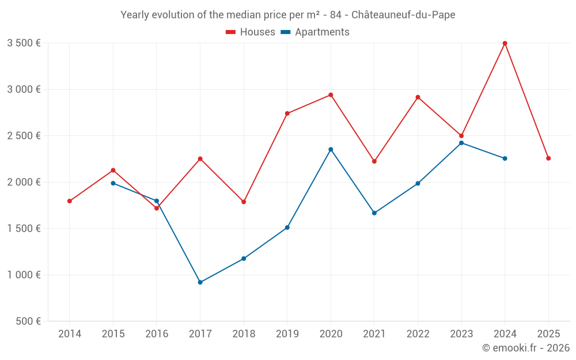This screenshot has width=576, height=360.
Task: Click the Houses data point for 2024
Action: tap(505, 43)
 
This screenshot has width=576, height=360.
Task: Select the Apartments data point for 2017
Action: tap(200, 282)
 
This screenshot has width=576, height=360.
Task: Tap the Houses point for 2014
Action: tap(69, 201)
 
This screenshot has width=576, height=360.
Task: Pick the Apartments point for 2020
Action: tap(331, 149)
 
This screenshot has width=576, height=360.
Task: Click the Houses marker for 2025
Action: tap(548, 158)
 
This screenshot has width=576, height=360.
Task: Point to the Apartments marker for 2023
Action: tap(461, 143)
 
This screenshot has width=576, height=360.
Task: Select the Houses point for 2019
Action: tap(287, 113)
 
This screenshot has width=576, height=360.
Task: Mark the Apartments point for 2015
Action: tap(113, 183)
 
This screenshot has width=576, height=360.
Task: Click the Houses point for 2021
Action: tap(374, 161)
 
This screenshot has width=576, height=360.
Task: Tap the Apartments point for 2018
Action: tap(244, 259)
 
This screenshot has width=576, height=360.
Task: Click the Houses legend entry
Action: tap(251, 32)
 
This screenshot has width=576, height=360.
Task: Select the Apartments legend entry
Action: tap(315, 32)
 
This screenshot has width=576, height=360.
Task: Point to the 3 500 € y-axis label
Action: tap(24, 43)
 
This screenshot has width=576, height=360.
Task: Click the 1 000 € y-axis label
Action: tap(24, 275)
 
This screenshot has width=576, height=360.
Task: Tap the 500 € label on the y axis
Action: tap(28, 321)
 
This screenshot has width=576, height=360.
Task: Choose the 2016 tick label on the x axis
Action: tap(157, 334)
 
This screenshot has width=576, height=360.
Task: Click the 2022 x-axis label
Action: tap(418, 334)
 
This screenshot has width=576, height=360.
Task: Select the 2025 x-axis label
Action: tap(548, 334)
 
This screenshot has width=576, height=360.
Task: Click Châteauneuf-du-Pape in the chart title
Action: tap(403, 15)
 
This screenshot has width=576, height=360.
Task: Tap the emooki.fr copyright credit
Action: tap(526, 348)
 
